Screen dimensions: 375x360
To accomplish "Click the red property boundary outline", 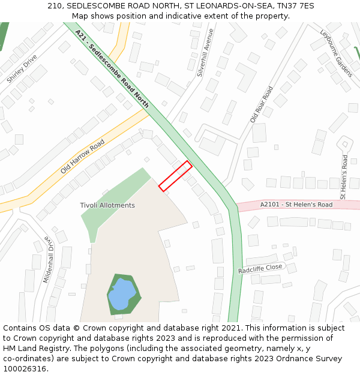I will [x=175, y=176].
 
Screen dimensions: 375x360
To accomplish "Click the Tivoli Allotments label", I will [x=107, y=205].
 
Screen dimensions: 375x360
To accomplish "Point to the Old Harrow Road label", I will [x=82, y=157].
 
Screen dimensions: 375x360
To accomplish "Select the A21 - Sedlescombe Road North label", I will [x=112, y=69].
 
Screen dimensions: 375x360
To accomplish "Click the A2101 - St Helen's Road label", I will [x=296, y=205].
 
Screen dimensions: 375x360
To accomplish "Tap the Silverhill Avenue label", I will [x=205, y=53].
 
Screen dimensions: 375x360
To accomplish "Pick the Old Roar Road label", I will [x=261, y=104].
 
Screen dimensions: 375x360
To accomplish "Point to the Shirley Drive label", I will [x=22, y=69].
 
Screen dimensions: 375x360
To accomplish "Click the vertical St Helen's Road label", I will [x=344, y=177].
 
